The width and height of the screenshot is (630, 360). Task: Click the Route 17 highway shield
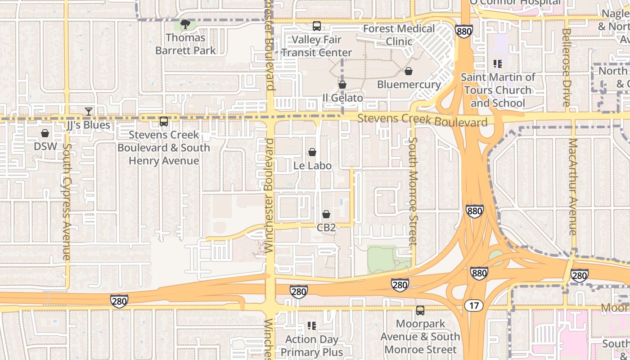(473, 306)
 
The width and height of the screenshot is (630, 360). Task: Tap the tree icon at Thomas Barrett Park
(185, 24)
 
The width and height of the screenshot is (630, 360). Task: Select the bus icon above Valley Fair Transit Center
(317, 26)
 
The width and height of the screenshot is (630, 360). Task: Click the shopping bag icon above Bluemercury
(409, 71)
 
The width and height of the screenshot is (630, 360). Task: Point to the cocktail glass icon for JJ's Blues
(89, 111)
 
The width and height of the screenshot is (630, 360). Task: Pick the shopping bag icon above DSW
(45, 133)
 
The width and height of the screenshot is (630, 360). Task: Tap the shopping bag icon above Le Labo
(312, 153)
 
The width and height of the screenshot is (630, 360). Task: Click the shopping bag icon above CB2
(326, 214)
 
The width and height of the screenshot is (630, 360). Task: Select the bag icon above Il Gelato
(342, 85)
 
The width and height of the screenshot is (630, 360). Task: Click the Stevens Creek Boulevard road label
(423, 121)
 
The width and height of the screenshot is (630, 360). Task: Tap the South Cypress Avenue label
(67, 202)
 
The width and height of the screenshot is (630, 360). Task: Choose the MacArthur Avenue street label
(572, 187)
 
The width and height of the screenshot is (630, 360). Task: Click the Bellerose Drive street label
(566, 67)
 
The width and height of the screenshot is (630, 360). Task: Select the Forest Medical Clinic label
(399, 35)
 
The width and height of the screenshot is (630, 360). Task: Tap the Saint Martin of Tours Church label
(498, 90)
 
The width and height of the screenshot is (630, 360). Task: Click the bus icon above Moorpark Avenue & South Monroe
(420, 310)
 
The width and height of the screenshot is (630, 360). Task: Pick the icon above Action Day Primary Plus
(311, 325)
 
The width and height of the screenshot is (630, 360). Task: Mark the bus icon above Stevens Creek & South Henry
(164, 121)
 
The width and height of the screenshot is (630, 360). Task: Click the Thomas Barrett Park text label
(185, 44)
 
